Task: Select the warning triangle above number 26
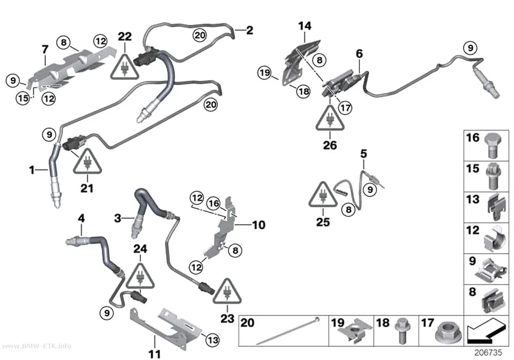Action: (330, 119)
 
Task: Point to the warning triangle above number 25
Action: (323, 195)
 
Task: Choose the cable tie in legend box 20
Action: (287, 331)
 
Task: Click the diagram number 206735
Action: (488, 353)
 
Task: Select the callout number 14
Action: (305, 26)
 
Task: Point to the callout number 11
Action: (154, 354)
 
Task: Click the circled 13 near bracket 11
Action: (213, 339)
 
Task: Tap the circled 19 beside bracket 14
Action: (264, 72)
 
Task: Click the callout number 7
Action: (45, 49)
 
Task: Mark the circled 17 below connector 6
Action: (345, 107)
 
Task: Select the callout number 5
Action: (364, 153)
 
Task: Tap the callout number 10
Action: (258, 225)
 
